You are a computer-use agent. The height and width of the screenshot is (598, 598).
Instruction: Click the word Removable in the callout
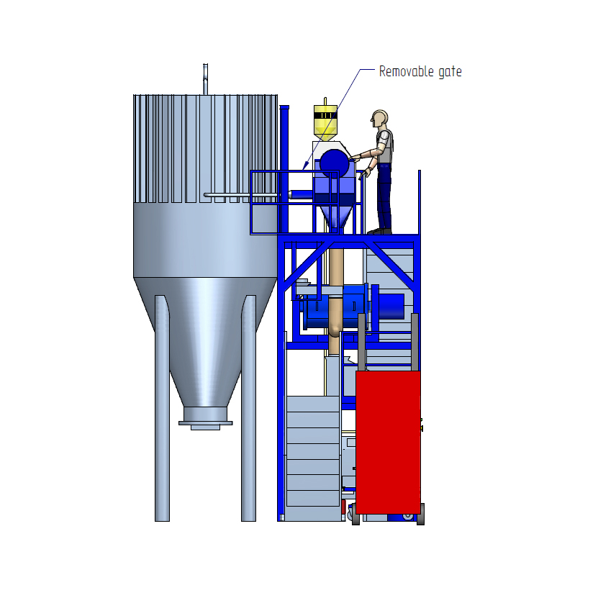click(402, 71)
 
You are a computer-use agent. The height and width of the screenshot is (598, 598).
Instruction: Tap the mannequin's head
click(379, 118)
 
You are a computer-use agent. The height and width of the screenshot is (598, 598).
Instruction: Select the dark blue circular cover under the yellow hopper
click(334, 164)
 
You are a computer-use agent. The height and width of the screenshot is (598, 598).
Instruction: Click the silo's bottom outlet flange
click(205, 422)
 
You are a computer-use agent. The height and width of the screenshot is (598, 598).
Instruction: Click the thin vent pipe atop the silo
click(205, 78)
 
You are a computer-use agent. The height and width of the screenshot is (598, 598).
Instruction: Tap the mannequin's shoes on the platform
click(379, 231)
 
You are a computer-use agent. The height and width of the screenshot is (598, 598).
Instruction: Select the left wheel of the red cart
click(355, 514)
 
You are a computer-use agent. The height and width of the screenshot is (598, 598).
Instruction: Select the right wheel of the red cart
click(420, 514)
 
